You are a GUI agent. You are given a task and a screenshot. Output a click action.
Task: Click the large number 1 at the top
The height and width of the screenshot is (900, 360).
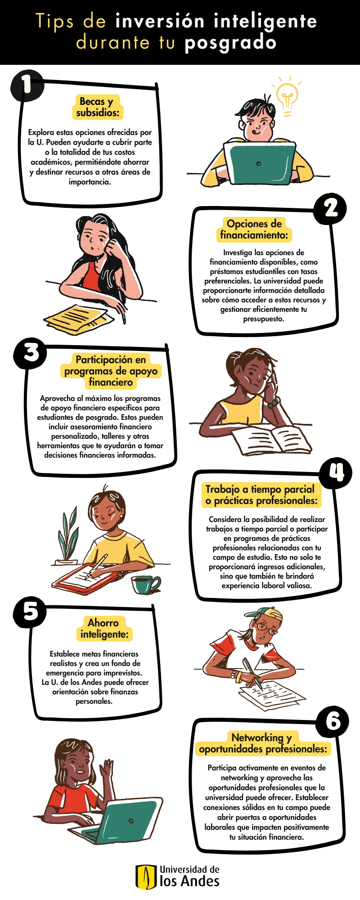pyautogui.click(x=27, y=84)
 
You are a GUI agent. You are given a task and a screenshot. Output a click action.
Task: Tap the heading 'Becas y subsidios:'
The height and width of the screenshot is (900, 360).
pyautogui.click(x=98, y=108)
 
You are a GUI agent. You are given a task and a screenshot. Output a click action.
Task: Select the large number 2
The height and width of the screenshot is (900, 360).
pyautogui.click(x=331, y=208)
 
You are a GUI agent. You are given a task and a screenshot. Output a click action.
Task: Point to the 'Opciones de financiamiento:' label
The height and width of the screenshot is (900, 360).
pyautogui.click(x=254, y=229)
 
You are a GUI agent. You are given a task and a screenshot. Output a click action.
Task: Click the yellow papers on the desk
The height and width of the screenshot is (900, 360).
pyautogui.click(x=76, y=319)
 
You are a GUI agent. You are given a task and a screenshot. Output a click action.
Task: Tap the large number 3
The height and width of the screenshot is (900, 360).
pyautogui.click(x=31, y=352)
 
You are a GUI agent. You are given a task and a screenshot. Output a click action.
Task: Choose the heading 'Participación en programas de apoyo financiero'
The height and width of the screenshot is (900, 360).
pyautogui.click(x=111, y=371)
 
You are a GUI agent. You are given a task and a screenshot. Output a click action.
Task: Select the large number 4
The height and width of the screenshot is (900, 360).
pyautogui.click(x=337, y=472)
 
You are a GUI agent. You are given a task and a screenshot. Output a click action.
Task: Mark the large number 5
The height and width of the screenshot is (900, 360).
pyautogui.click(x=31, y=611)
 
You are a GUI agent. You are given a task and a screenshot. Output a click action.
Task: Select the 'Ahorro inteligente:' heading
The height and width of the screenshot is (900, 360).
pyautogui.click(x=104, y=629)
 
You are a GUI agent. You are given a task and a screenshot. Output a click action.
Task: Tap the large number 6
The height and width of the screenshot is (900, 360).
pyautogui.click(x=333, y=721)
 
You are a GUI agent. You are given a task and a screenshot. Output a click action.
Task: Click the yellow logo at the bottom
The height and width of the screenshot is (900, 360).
pyautogui.click(x=146, y=877)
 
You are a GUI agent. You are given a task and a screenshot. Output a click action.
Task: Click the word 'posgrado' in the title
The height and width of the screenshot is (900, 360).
pyautogui.click(x=230, y=43)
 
